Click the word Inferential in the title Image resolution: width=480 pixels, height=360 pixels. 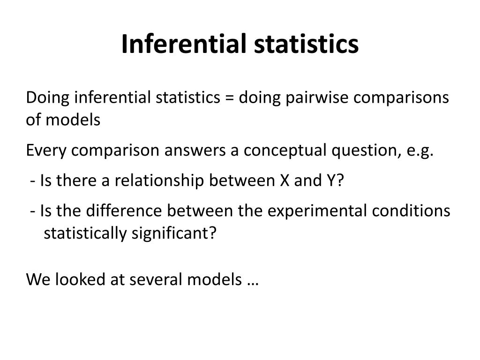coord(182,44)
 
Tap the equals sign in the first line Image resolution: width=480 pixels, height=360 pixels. coord(229,98)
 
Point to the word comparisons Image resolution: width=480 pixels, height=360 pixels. coord(402,98)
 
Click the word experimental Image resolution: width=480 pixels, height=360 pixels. coord(317,211)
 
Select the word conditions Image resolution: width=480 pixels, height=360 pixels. coord(411,211)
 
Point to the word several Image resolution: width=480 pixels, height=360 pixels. coord(157,279)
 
